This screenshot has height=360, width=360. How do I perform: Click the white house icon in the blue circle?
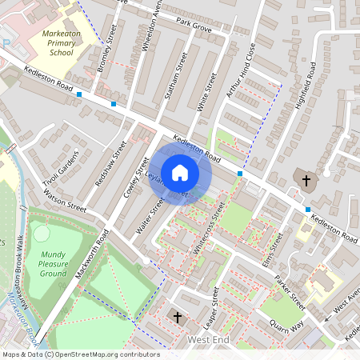[180, 172]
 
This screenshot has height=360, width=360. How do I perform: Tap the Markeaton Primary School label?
[62, 44]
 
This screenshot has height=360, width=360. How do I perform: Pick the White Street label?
[207, 92]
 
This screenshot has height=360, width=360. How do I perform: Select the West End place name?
[208, 341]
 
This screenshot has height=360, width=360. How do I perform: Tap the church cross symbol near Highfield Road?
[306, 181]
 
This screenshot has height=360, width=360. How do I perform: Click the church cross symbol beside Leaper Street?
[178, 318]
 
